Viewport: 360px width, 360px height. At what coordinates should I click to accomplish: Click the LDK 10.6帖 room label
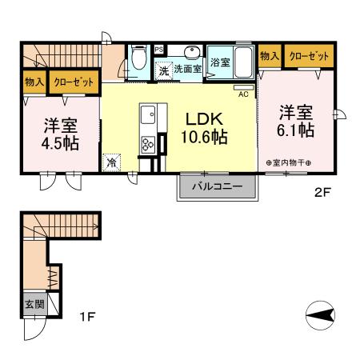[x=206, y=128]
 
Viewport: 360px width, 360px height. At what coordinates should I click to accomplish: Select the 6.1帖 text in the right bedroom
[x=297, y=129]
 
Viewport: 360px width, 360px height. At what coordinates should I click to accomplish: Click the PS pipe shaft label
[x=158, y=48]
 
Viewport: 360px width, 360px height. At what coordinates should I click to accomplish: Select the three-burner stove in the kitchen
[x=147, y=145]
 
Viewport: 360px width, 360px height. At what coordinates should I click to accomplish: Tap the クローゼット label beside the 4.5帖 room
[x=73, y=82]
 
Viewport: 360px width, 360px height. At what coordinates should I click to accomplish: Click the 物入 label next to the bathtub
[x=270, y=56]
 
